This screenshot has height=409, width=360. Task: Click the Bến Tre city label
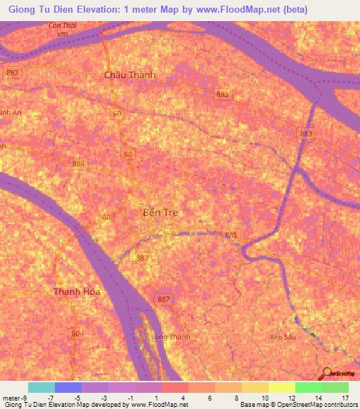click(x=160, y=212)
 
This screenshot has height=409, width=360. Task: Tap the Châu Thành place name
click(x=129, y=75)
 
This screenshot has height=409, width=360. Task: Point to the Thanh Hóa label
click(x=77, y=291)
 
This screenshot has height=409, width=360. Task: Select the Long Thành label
click(x=171, y=337)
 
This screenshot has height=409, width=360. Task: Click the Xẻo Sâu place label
click(x=281, y=337)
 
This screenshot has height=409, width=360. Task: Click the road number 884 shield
click(x=77, y=164)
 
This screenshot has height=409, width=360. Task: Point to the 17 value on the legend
click(x=345, y=397)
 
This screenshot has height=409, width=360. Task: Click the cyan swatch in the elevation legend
click(x=41, y=387)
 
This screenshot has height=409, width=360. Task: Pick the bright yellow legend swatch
click(x=281, y=387)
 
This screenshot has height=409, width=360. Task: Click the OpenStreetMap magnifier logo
click(x=326, y=375)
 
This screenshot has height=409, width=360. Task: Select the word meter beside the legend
click(x=11, y=397)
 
